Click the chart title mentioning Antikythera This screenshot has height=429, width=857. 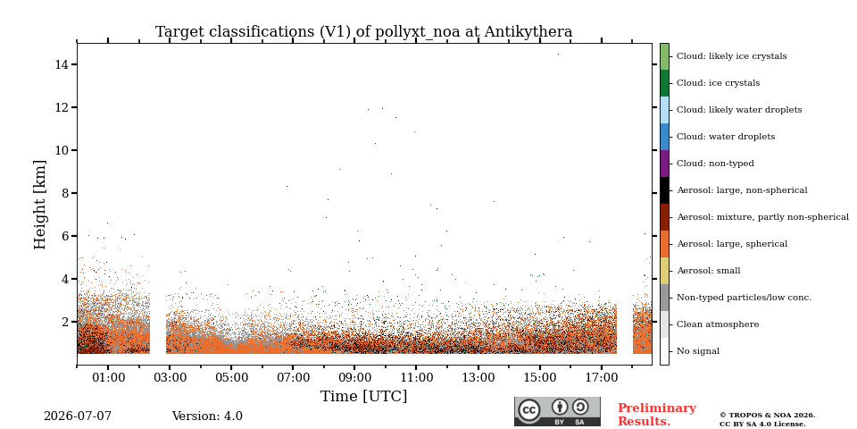364,32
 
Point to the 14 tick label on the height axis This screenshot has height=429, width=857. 62,64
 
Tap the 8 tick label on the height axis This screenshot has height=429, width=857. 65,193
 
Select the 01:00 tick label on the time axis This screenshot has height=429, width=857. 108,377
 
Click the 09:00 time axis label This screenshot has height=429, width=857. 354,377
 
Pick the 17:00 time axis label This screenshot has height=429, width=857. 602,377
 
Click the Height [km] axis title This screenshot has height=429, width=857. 40,205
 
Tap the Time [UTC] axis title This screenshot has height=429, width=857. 364,396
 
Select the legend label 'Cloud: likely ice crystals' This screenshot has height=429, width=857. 732,55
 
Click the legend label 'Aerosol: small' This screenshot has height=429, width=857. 709,270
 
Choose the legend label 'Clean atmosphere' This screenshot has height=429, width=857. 718,324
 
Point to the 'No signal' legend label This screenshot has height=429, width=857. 698,351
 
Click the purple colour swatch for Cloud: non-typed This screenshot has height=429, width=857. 664,164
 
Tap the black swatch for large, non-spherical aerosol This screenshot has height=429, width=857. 664,190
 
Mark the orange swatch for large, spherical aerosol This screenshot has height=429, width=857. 664,244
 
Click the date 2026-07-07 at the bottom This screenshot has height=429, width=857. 78,416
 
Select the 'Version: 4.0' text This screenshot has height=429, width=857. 207,416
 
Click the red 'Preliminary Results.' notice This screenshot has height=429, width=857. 657,415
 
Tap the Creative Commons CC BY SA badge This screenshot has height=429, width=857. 557,411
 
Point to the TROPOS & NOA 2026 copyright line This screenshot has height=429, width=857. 767,416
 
